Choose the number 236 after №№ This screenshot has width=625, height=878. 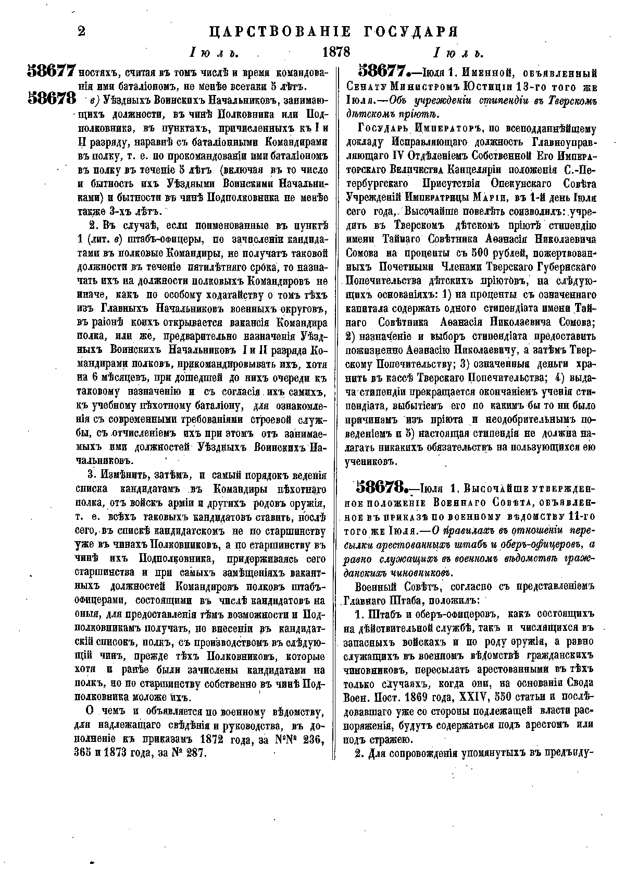click(314, 739)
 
